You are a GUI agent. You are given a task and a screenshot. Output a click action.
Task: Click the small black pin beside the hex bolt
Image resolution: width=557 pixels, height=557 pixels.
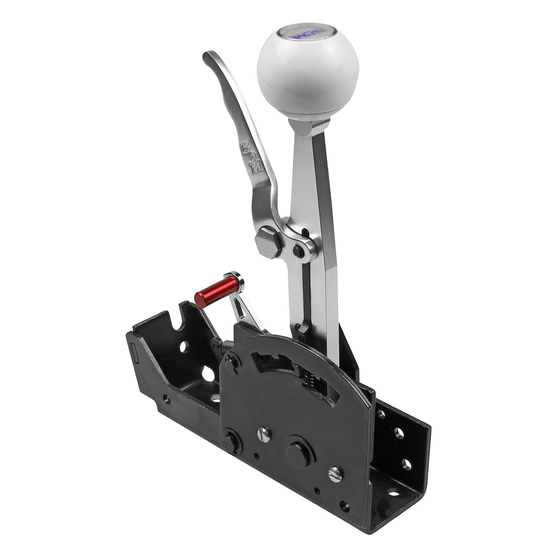299,250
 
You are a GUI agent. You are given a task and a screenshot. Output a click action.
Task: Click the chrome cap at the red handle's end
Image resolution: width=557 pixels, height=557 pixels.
238,279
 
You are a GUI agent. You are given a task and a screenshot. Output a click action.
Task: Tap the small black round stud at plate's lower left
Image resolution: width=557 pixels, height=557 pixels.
229,441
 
